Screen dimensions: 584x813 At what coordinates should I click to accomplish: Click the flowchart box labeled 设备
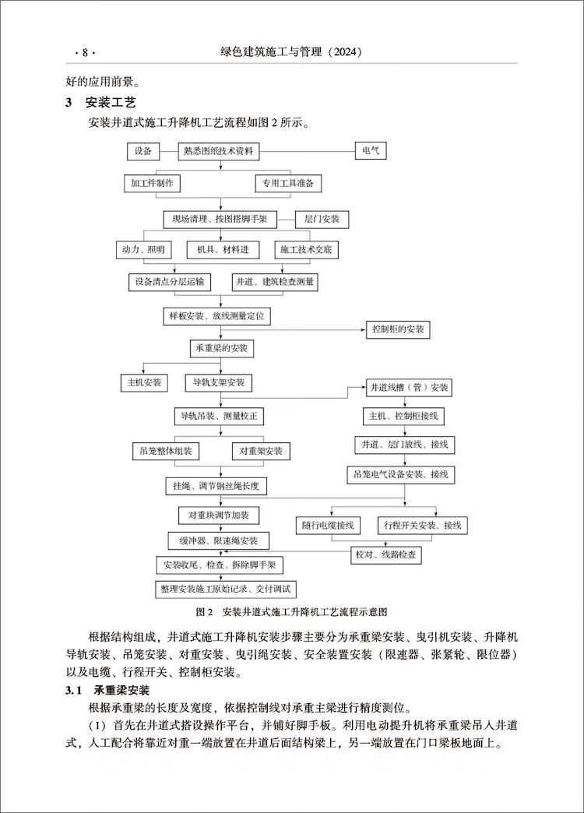click(143, 151)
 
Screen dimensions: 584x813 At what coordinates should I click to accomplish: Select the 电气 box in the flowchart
click(371, 151)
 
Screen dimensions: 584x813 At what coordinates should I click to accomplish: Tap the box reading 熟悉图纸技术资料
click(218, 151)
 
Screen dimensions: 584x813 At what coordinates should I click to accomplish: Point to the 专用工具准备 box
click(288, 184)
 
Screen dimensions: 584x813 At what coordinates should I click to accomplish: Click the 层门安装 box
click(322, 220)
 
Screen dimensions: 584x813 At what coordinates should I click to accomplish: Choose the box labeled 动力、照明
click(143, 250)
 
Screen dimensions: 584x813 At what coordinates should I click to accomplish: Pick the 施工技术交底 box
click(306, 250)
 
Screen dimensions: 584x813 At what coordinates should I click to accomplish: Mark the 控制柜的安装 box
click(399, 329)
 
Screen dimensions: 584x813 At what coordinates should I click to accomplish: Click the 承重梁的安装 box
click(221, 348)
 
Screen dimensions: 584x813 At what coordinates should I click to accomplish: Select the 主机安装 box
click(144, 382)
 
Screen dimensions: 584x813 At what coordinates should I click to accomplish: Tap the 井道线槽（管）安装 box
click(410, 388)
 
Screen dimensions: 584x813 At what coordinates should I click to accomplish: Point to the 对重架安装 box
click(261, 451)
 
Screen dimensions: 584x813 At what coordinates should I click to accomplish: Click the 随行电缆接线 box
click(328, 526)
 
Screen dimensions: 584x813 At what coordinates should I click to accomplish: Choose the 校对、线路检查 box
click(386, 554)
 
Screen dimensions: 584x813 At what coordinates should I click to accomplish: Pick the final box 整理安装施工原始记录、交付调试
click(226, 590)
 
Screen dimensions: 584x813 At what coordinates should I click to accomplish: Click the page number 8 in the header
click(85, 52)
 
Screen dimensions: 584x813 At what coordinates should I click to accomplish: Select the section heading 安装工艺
click(111, 102)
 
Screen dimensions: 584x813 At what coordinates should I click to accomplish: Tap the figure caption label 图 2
click(204, 612)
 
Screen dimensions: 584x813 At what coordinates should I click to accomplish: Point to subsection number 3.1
click(74, 691)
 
